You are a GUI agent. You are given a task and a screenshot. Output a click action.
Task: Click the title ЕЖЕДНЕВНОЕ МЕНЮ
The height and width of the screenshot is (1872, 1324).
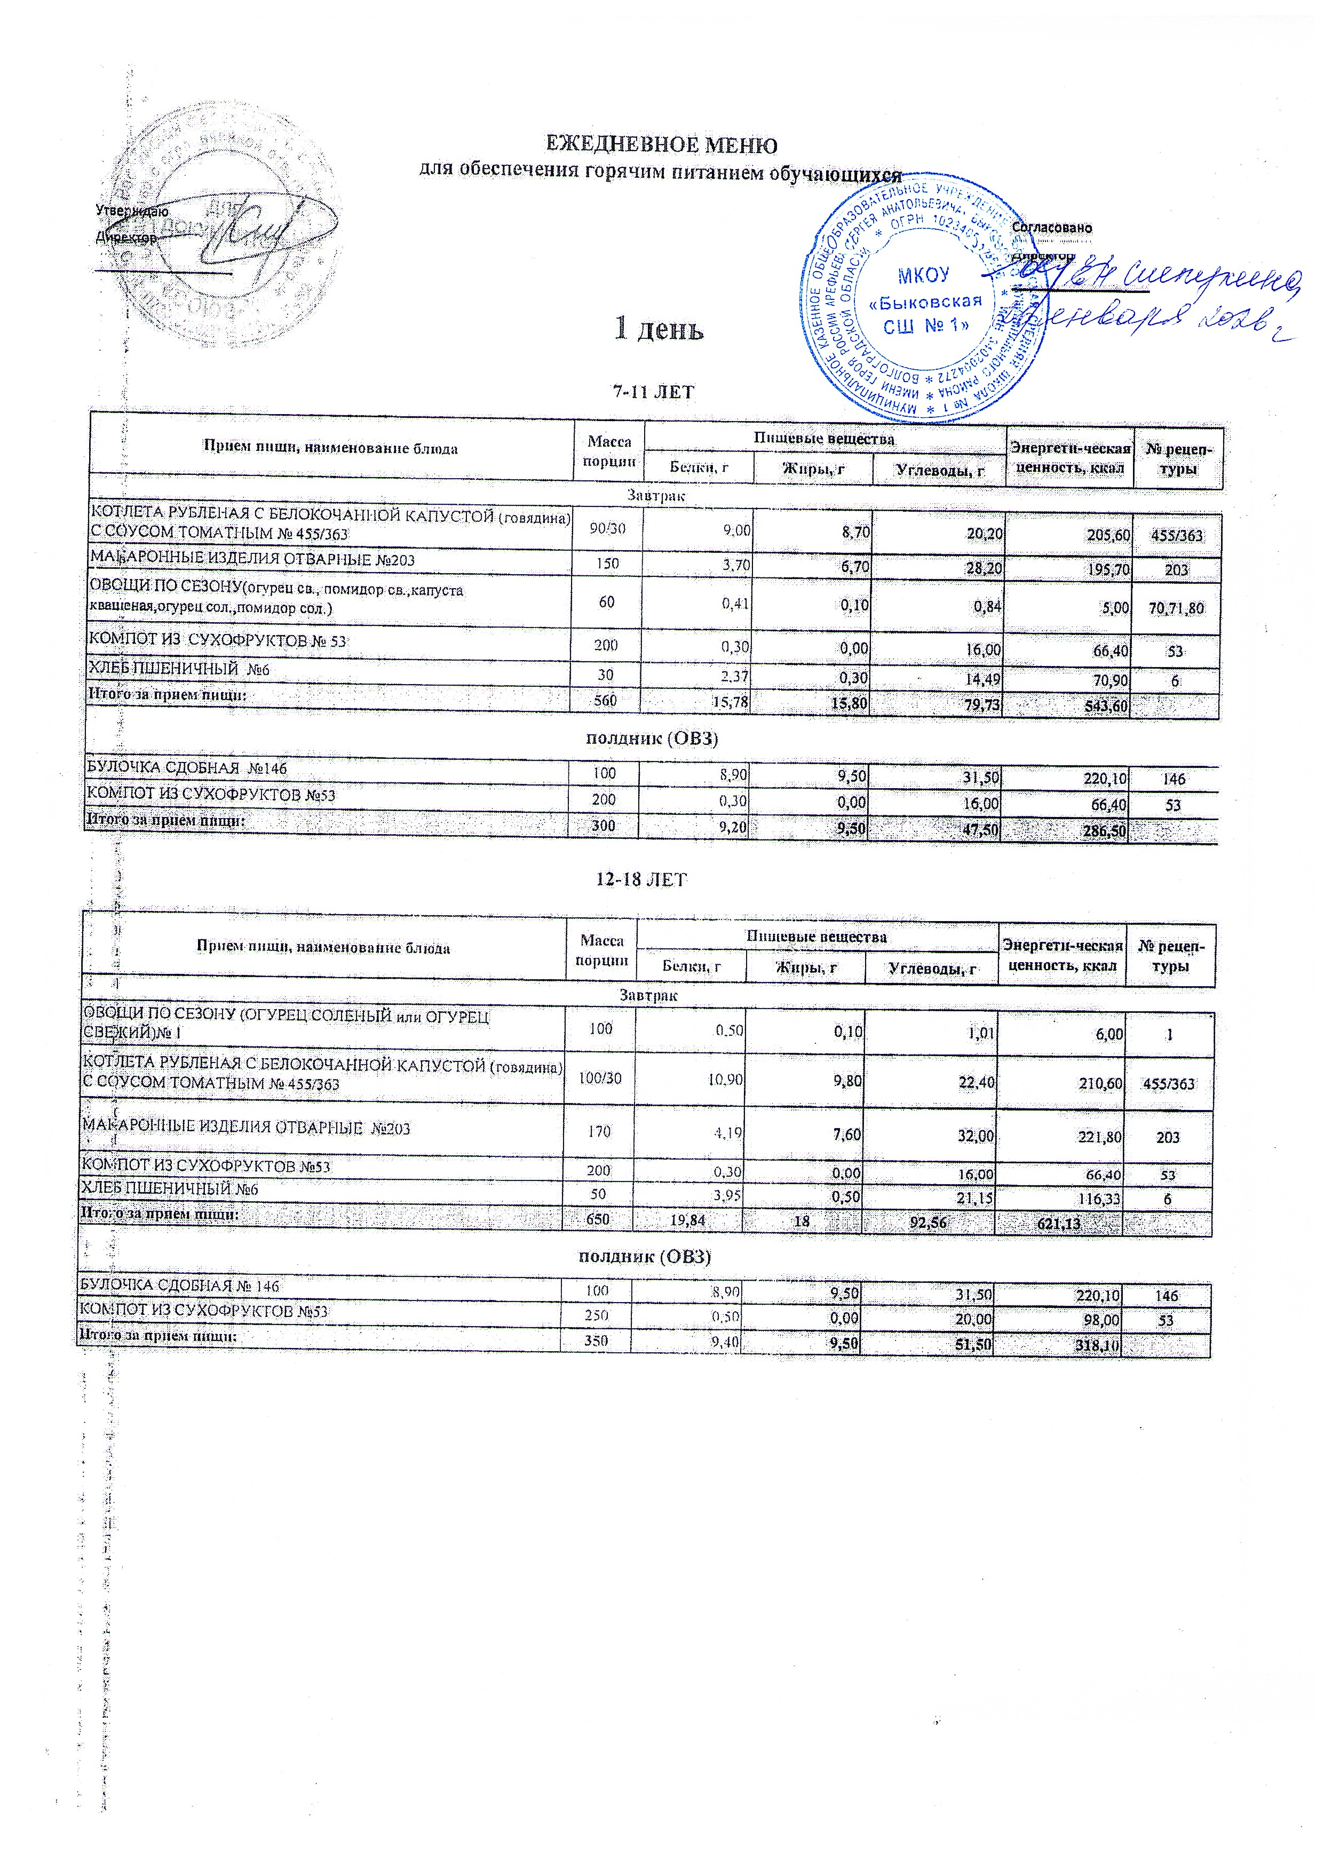(660, 145)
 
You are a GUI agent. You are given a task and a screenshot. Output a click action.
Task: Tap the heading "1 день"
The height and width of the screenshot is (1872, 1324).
(658, 329)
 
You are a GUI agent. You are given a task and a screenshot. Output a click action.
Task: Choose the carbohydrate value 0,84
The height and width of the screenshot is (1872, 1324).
(989, 607)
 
